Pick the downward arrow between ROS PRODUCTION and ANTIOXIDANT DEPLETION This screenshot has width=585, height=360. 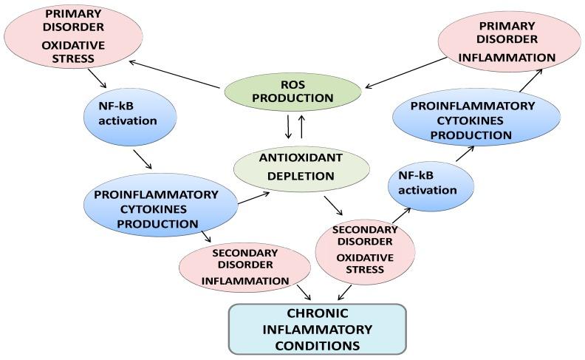click(287, 127)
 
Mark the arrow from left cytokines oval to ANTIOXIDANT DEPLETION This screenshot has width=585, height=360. click(252, 194)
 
